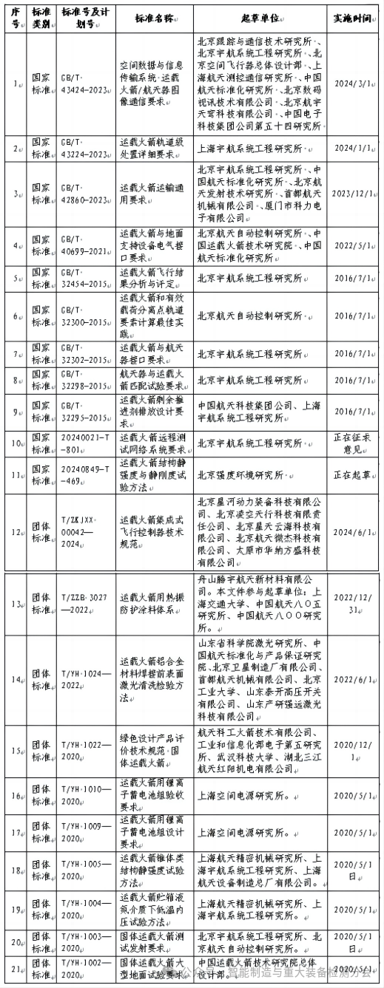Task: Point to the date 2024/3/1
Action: (353, 84)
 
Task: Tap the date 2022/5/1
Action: (353, 245)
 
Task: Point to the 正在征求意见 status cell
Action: (353, 444)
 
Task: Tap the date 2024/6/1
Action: (353, 532)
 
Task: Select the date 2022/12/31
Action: (353, 602)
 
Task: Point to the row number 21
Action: (16, 969)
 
